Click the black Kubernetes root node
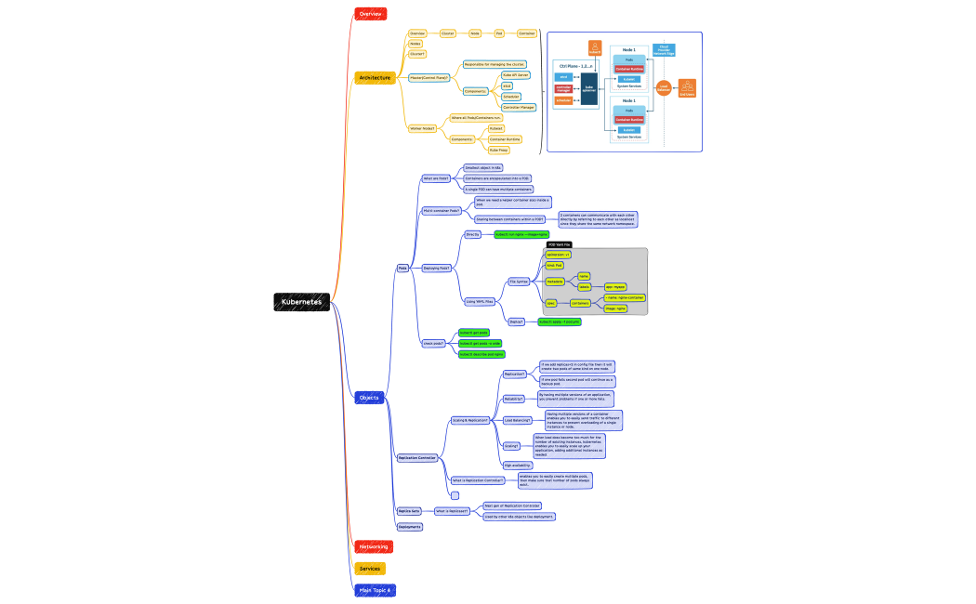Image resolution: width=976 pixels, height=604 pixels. pyautogui.click(x=301, y=302)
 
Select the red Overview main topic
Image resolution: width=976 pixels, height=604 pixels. pyautogui.click(x=370, y=14)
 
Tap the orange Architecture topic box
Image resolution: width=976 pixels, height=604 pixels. pyautogui.click(x=375, y=78)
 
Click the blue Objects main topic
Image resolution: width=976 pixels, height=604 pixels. pyautogui.click(x=369, y=398)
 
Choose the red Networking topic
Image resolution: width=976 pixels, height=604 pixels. pyautogui.click(x=373, y=546)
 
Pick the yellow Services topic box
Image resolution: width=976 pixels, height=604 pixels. pyautogui.click(x=369, y=569)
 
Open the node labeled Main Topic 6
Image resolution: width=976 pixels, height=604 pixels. pyautogui.click(x=375, y=590)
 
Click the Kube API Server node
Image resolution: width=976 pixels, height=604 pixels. pyautogui.click(x=516, y=74)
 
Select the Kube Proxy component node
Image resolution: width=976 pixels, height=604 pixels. pyautogui.click(x=499, y=149)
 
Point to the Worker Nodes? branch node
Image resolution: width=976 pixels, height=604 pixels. pyautogui.click(x=422, y=128)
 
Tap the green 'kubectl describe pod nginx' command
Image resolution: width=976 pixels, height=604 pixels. pyautogui.click(x=481, y=354)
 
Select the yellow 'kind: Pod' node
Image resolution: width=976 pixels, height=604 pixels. pyautogui.click(x=555, y=265)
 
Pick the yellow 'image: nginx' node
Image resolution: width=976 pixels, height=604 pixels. pyautogui.click(x=614, y=308)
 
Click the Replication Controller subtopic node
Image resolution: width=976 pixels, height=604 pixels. pyautogui.click(x=416, y=458)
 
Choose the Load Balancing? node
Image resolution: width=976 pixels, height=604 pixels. pyautogui.click(x=517, y=420)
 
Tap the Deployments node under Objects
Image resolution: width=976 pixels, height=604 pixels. pyautogui.click(x=410, y=527)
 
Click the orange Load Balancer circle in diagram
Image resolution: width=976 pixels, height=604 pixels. pyautogui.click(x=664, y=87)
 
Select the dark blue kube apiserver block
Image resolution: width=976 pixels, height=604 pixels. pyautogui.click(x=589, y=87)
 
